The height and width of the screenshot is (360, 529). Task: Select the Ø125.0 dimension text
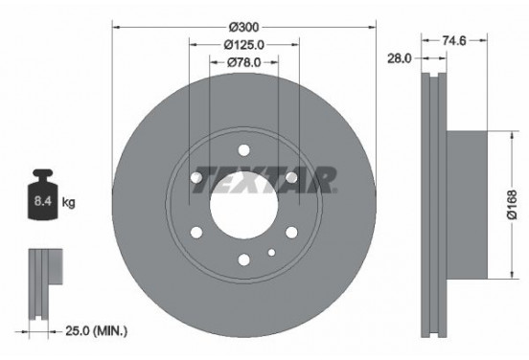(x=244, y=46)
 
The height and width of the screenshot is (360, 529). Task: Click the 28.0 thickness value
(x=399, y=58)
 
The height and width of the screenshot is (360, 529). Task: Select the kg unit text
(x=69, y=203)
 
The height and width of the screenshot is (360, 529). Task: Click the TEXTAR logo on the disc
(x=264, y=179)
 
